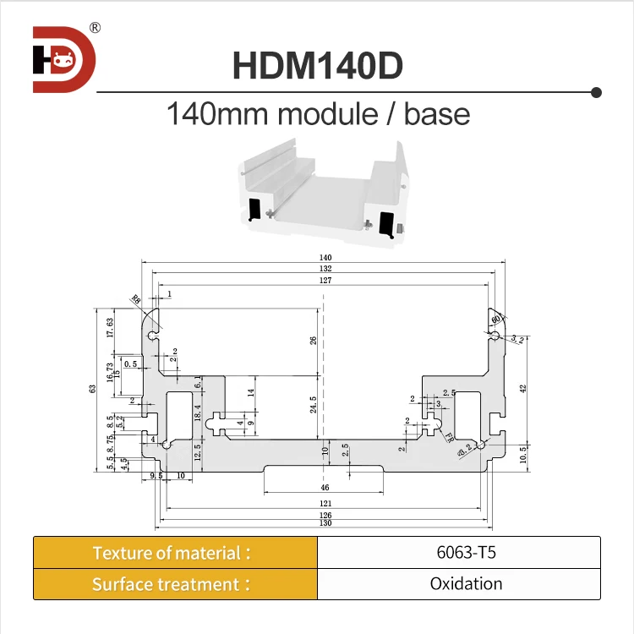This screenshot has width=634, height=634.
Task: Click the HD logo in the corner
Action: coord(64,59)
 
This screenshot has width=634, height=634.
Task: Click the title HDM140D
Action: coord(317,66)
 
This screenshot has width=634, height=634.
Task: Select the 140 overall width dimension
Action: coord(325,258)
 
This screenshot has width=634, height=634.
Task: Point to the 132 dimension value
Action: coord(325,269)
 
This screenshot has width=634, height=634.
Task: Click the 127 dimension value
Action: coord(325,280)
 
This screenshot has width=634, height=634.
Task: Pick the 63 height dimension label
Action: coord(93,389)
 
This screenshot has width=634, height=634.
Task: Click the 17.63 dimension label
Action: coord(110,328)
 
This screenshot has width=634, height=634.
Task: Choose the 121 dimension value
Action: coord(325,504)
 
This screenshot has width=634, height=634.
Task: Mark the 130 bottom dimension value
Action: coord(325,523)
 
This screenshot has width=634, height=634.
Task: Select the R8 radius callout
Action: coord(137,299)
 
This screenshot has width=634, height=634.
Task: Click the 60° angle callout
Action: coord(496,318)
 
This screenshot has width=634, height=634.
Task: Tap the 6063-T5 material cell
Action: coord(458,554)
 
